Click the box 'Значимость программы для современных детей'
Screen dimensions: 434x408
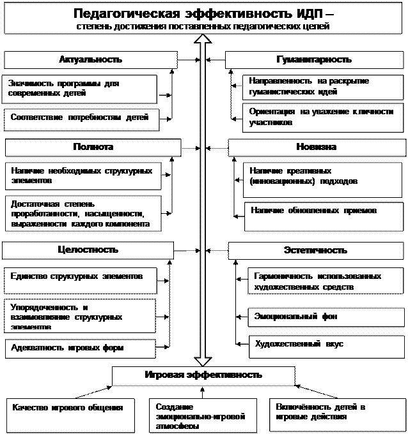(x=80, y=89)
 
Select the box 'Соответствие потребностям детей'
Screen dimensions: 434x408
(x=80, y=118)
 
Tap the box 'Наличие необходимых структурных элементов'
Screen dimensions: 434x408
(x=82, y=176)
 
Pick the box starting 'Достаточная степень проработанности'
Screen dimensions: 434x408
(x=82, y=214)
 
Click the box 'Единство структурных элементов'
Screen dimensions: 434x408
(x=80, y=277)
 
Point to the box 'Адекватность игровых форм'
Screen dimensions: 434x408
(x=80, y=348)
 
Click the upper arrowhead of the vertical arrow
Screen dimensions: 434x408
(x=202, y=40)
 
